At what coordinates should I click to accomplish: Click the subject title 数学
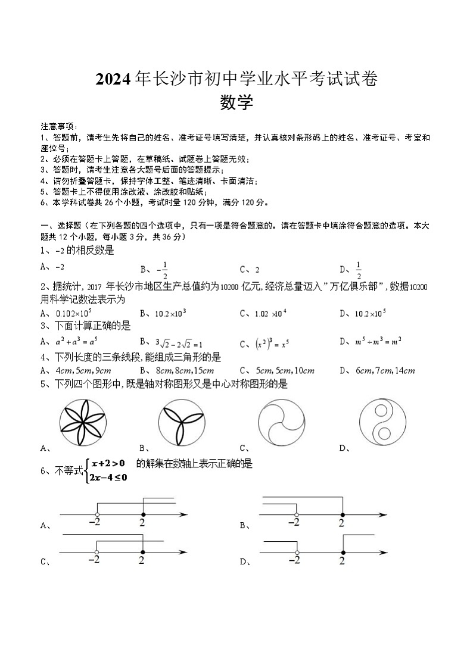[x=236, y=103]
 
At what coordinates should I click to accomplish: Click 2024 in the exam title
[x=114, y=79]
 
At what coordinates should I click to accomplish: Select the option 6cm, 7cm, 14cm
[x=385, y=371]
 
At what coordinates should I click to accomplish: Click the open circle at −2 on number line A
[x=97, y=514]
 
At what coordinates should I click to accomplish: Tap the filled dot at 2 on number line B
[x=341, y=514]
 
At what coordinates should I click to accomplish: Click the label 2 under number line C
[x=142, y=560]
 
